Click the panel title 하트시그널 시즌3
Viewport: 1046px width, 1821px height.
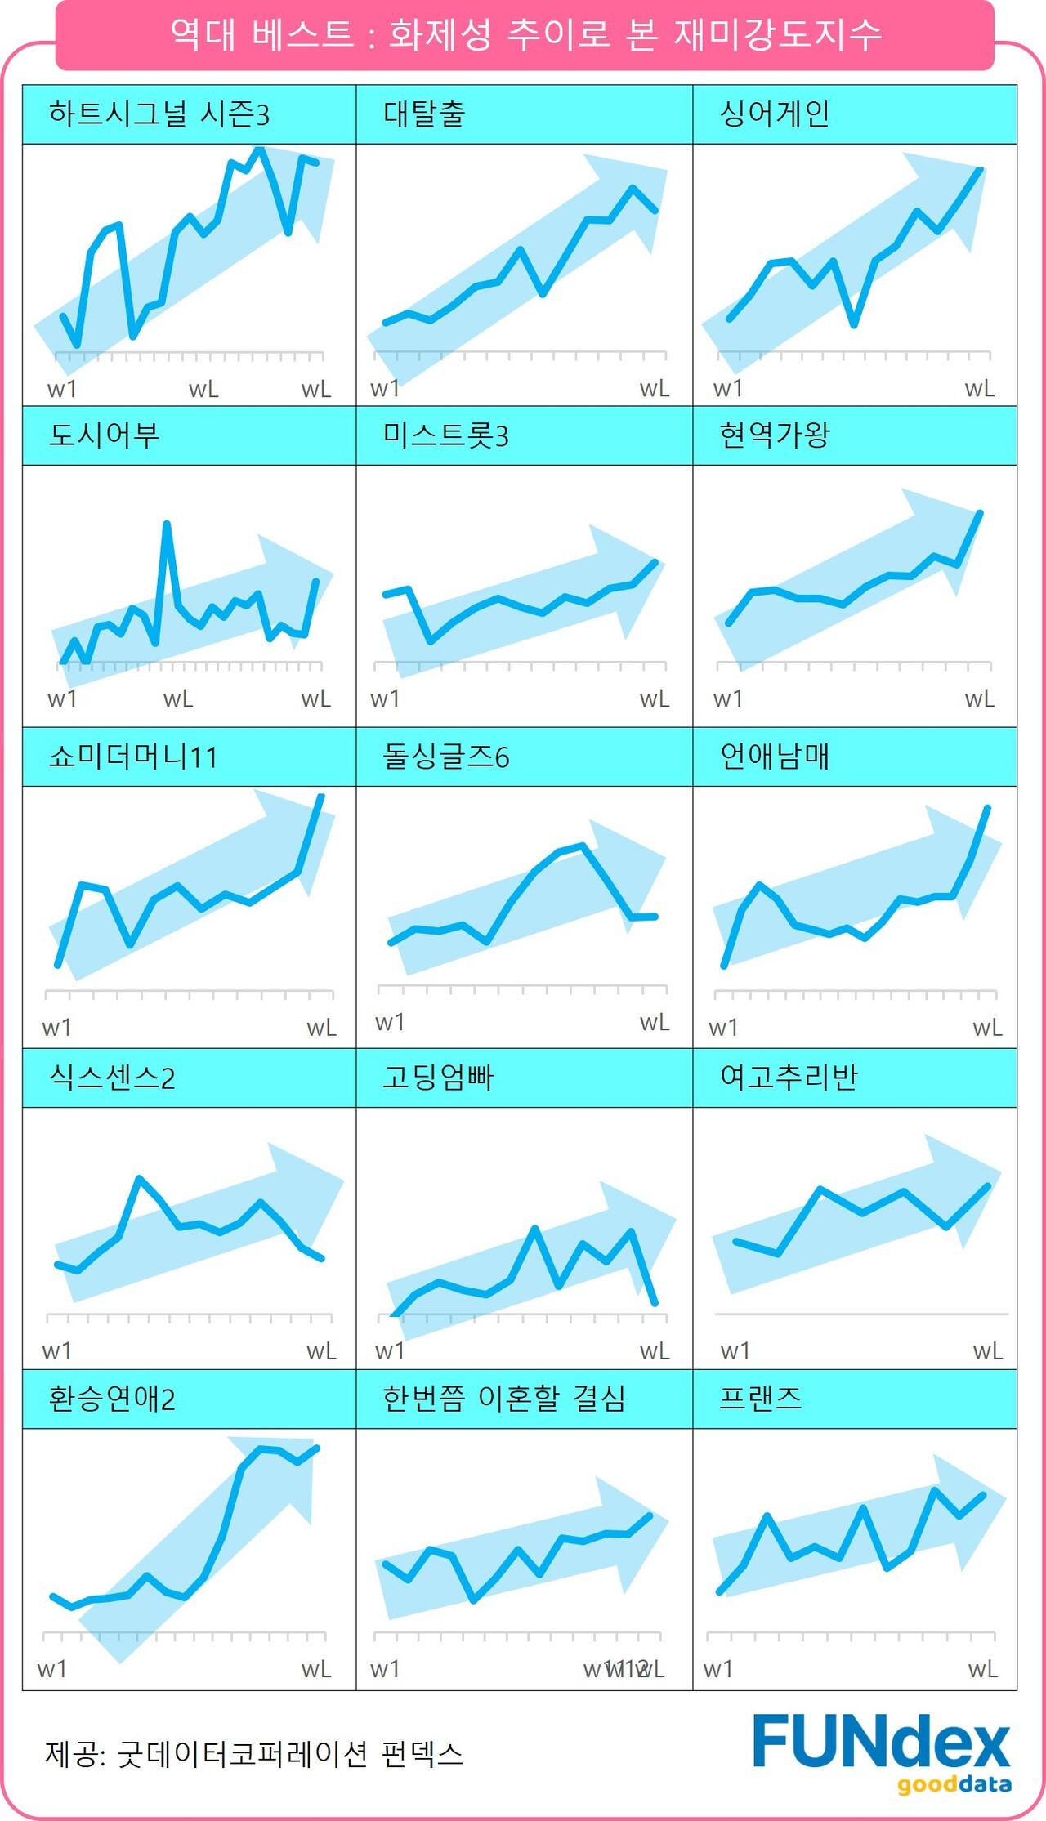[x=159, y=114]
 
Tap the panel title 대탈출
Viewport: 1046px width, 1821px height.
[x=424, y=114]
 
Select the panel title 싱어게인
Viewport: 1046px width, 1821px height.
[x=774, y=114]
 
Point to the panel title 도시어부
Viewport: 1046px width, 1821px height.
[x=104, y=435]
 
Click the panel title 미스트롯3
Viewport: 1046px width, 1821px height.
[x=445, y=435]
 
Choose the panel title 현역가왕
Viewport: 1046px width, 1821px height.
[x=774, y=435]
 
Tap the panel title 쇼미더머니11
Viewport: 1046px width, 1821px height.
[x=133, y=757]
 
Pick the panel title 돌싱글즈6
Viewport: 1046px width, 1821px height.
[x=445, y=757]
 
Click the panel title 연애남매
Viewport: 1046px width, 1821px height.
[x=774, y=757]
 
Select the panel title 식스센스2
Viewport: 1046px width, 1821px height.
[x=112, y=1078]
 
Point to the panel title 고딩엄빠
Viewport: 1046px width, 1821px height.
[x=438, y=1078]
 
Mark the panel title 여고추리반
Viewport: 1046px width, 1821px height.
[x=789, y=1078]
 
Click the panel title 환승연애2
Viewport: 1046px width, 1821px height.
[x=112, y=1399]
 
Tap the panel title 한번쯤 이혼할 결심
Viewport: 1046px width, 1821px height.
[x=503, y=1399]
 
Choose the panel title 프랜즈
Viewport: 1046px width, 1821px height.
[x=760, y=1399]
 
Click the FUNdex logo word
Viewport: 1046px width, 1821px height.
[x=881, y=1742]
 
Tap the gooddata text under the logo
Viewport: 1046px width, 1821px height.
[x=954, y=1785]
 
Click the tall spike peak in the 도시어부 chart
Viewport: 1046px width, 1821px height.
[x=167, y=524]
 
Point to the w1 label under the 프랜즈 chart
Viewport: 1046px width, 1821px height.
[x=717, y=1669]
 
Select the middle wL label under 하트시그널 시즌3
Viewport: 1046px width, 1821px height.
[x=203, y=390]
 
